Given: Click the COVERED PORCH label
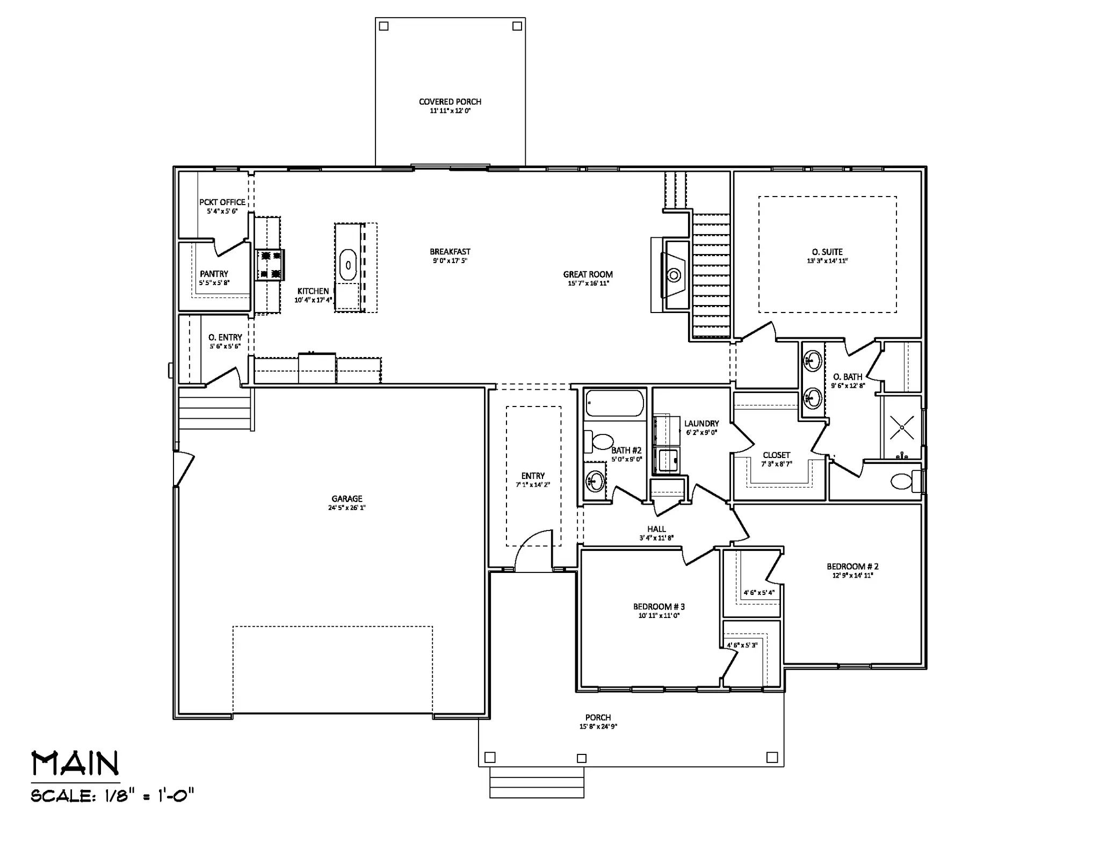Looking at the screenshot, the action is point(450,101).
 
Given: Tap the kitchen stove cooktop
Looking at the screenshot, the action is point(270,265).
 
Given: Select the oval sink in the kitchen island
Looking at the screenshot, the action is point(348,265).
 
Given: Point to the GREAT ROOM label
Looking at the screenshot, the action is point(588,274).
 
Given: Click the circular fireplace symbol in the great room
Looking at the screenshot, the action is point(674,275).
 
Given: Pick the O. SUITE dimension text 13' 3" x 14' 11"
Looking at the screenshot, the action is point(827,261).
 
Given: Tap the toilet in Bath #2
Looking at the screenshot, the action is point(599,442).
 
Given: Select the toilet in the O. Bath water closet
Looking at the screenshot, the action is point(904,481).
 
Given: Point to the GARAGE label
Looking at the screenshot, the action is point(347,499).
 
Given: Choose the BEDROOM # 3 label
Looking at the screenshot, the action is point(659,607).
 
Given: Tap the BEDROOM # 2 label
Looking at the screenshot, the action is point(853,566).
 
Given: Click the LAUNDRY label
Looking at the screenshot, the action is point(701,424).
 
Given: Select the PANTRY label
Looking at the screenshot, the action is point(214,274).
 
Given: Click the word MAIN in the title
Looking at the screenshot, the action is point(76,764).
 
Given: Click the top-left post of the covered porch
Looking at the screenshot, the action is point(383,26).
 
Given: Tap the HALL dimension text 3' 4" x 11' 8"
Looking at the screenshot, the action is point(656,537).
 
